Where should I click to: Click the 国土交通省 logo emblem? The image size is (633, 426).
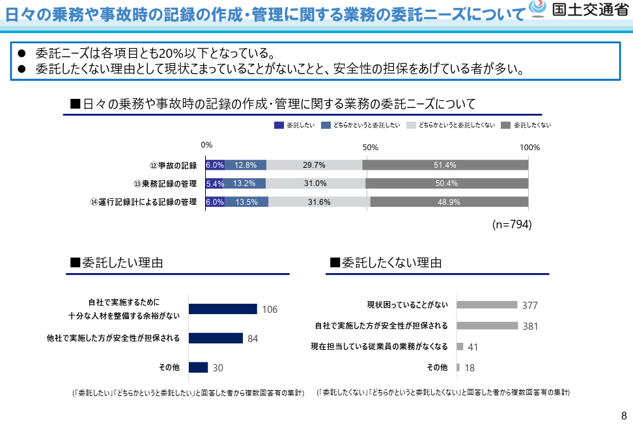coord(538,10)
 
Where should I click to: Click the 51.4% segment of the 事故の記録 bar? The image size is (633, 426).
coord(445,165)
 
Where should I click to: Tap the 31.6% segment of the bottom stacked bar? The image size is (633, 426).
coord(319,202)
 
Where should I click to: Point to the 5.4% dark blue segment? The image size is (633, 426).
coord(215,183)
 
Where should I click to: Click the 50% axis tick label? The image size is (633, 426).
coord(370,147)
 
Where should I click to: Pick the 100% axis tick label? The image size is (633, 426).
coord(530,147)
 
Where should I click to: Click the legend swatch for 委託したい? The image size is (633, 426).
coord(279,125)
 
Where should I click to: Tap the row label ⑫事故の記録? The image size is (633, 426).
coord(173,165)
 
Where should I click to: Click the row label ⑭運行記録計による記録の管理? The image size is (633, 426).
coord(143,202)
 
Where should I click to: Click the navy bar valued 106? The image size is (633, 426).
coord(223,309)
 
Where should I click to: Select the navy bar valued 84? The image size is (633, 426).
coord(216,338)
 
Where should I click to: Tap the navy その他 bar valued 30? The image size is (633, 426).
coord(198,367)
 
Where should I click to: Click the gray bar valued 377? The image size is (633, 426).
coord(486,304)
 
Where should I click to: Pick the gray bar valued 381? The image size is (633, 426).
coord(487,325)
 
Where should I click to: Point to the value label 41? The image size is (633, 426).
coord(473,347)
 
